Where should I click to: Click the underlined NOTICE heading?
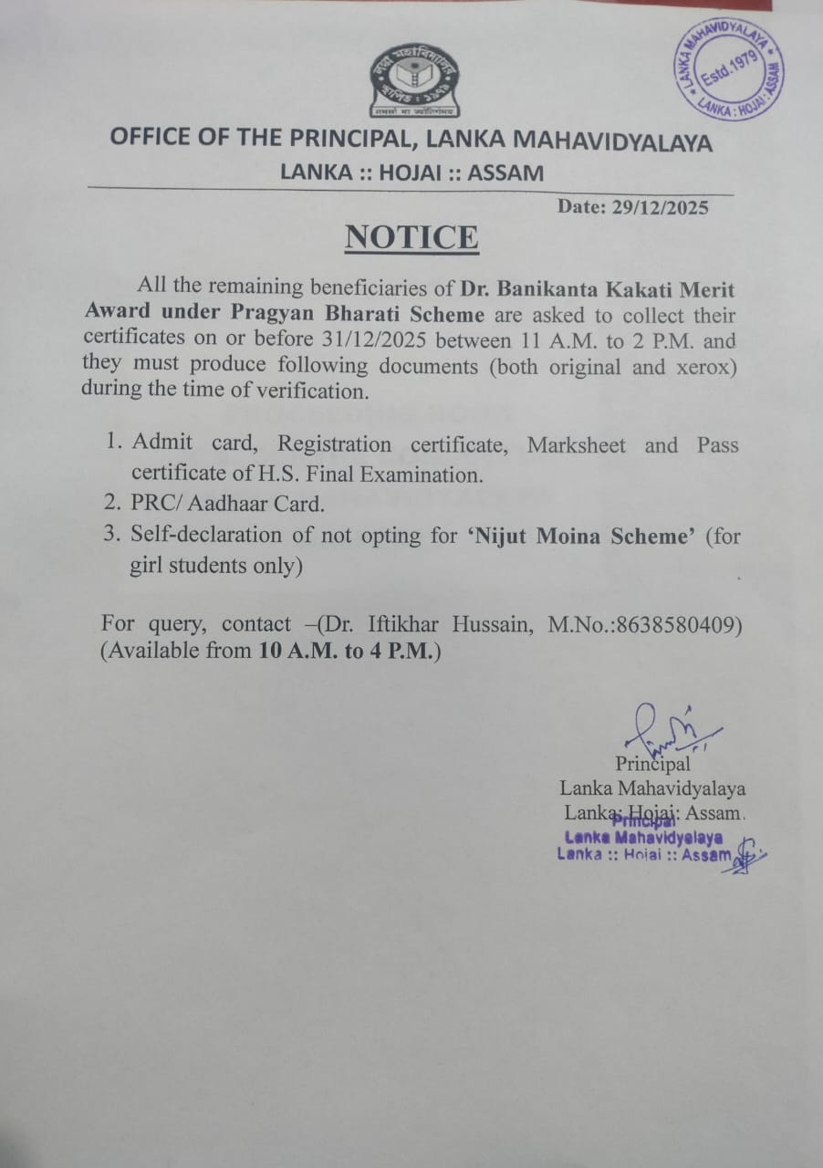tap(411, 237)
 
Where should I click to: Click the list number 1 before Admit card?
tap(113, 443)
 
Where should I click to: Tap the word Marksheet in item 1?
tap(577, 445)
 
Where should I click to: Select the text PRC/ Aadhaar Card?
tap(227, 504)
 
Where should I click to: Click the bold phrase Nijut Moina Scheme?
tap(579, 537)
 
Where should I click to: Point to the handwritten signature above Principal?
tap(663, 726)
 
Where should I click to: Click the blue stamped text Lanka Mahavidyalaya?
tap(644, 837)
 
